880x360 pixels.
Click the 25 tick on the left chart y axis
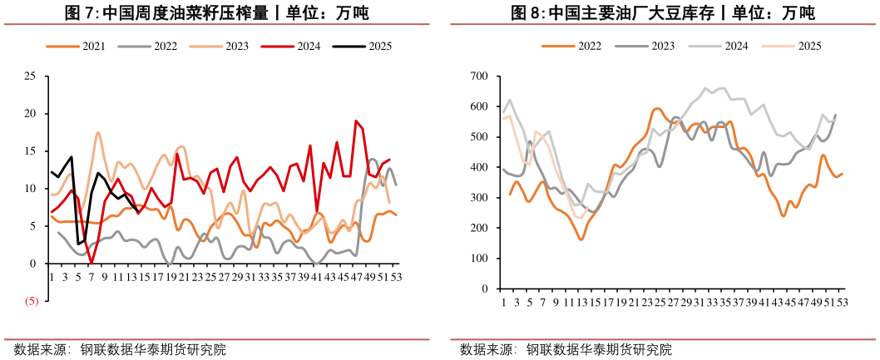pos(30,76)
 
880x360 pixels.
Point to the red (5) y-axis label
pos(30,301)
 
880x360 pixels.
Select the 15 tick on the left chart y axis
pos(30,151)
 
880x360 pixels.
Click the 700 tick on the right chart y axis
pos(477,76)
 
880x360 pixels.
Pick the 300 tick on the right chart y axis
pos(477,198)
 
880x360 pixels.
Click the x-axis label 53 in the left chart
pos(396,275)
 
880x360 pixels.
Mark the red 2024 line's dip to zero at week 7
pos(91,263)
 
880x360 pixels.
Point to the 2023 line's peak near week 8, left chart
pos(98,132)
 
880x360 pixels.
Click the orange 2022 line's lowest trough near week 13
pos(581,239)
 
